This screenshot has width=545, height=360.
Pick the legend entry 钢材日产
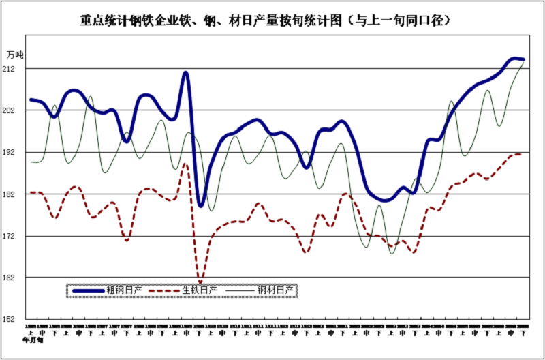click(277, 290)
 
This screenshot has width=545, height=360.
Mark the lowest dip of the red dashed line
click(200, 282)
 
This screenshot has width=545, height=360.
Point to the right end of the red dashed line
click(521, 155)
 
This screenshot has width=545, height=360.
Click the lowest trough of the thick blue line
click(200, 205)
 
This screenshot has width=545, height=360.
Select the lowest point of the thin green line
click(392, 254)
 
